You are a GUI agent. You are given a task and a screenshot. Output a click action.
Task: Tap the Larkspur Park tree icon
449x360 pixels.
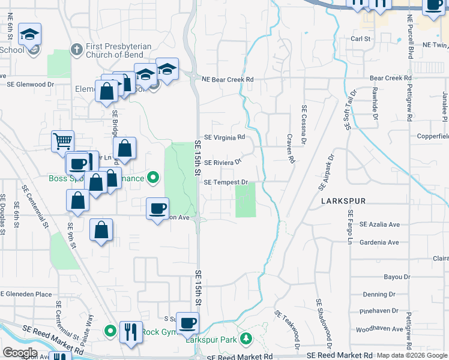(x=246, y=339)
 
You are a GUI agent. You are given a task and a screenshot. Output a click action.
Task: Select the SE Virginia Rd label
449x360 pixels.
(x=224, y=137)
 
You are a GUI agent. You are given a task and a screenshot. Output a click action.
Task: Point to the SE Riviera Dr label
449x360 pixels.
(x=223, y=162)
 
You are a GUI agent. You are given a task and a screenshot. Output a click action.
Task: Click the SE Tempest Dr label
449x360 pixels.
(x=226, y=182)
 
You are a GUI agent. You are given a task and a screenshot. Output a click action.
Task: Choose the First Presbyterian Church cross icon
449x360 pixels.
(x=76, y=49)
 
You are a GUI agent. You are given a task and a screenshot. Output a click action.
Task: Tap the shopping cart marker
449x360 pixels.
(x=62, y=142)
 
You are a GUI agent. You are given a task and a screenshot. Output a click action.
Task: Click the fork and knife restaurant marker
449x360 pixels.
(x=131, y=332)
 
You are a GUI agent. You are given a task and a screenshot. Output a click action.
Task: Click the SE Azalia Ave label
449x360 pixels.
(x=379, y=224)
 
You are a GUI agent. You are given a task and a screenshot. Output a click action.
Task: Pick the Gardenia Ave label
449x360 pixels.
(x=379, y=242)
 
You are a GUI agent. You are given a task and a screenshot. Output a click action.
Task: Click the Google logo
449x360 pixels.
(x=20, y=352)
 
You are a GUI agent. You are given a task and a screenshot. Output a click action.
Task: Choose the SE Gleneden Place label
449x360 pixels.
(x=26, y=294)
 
